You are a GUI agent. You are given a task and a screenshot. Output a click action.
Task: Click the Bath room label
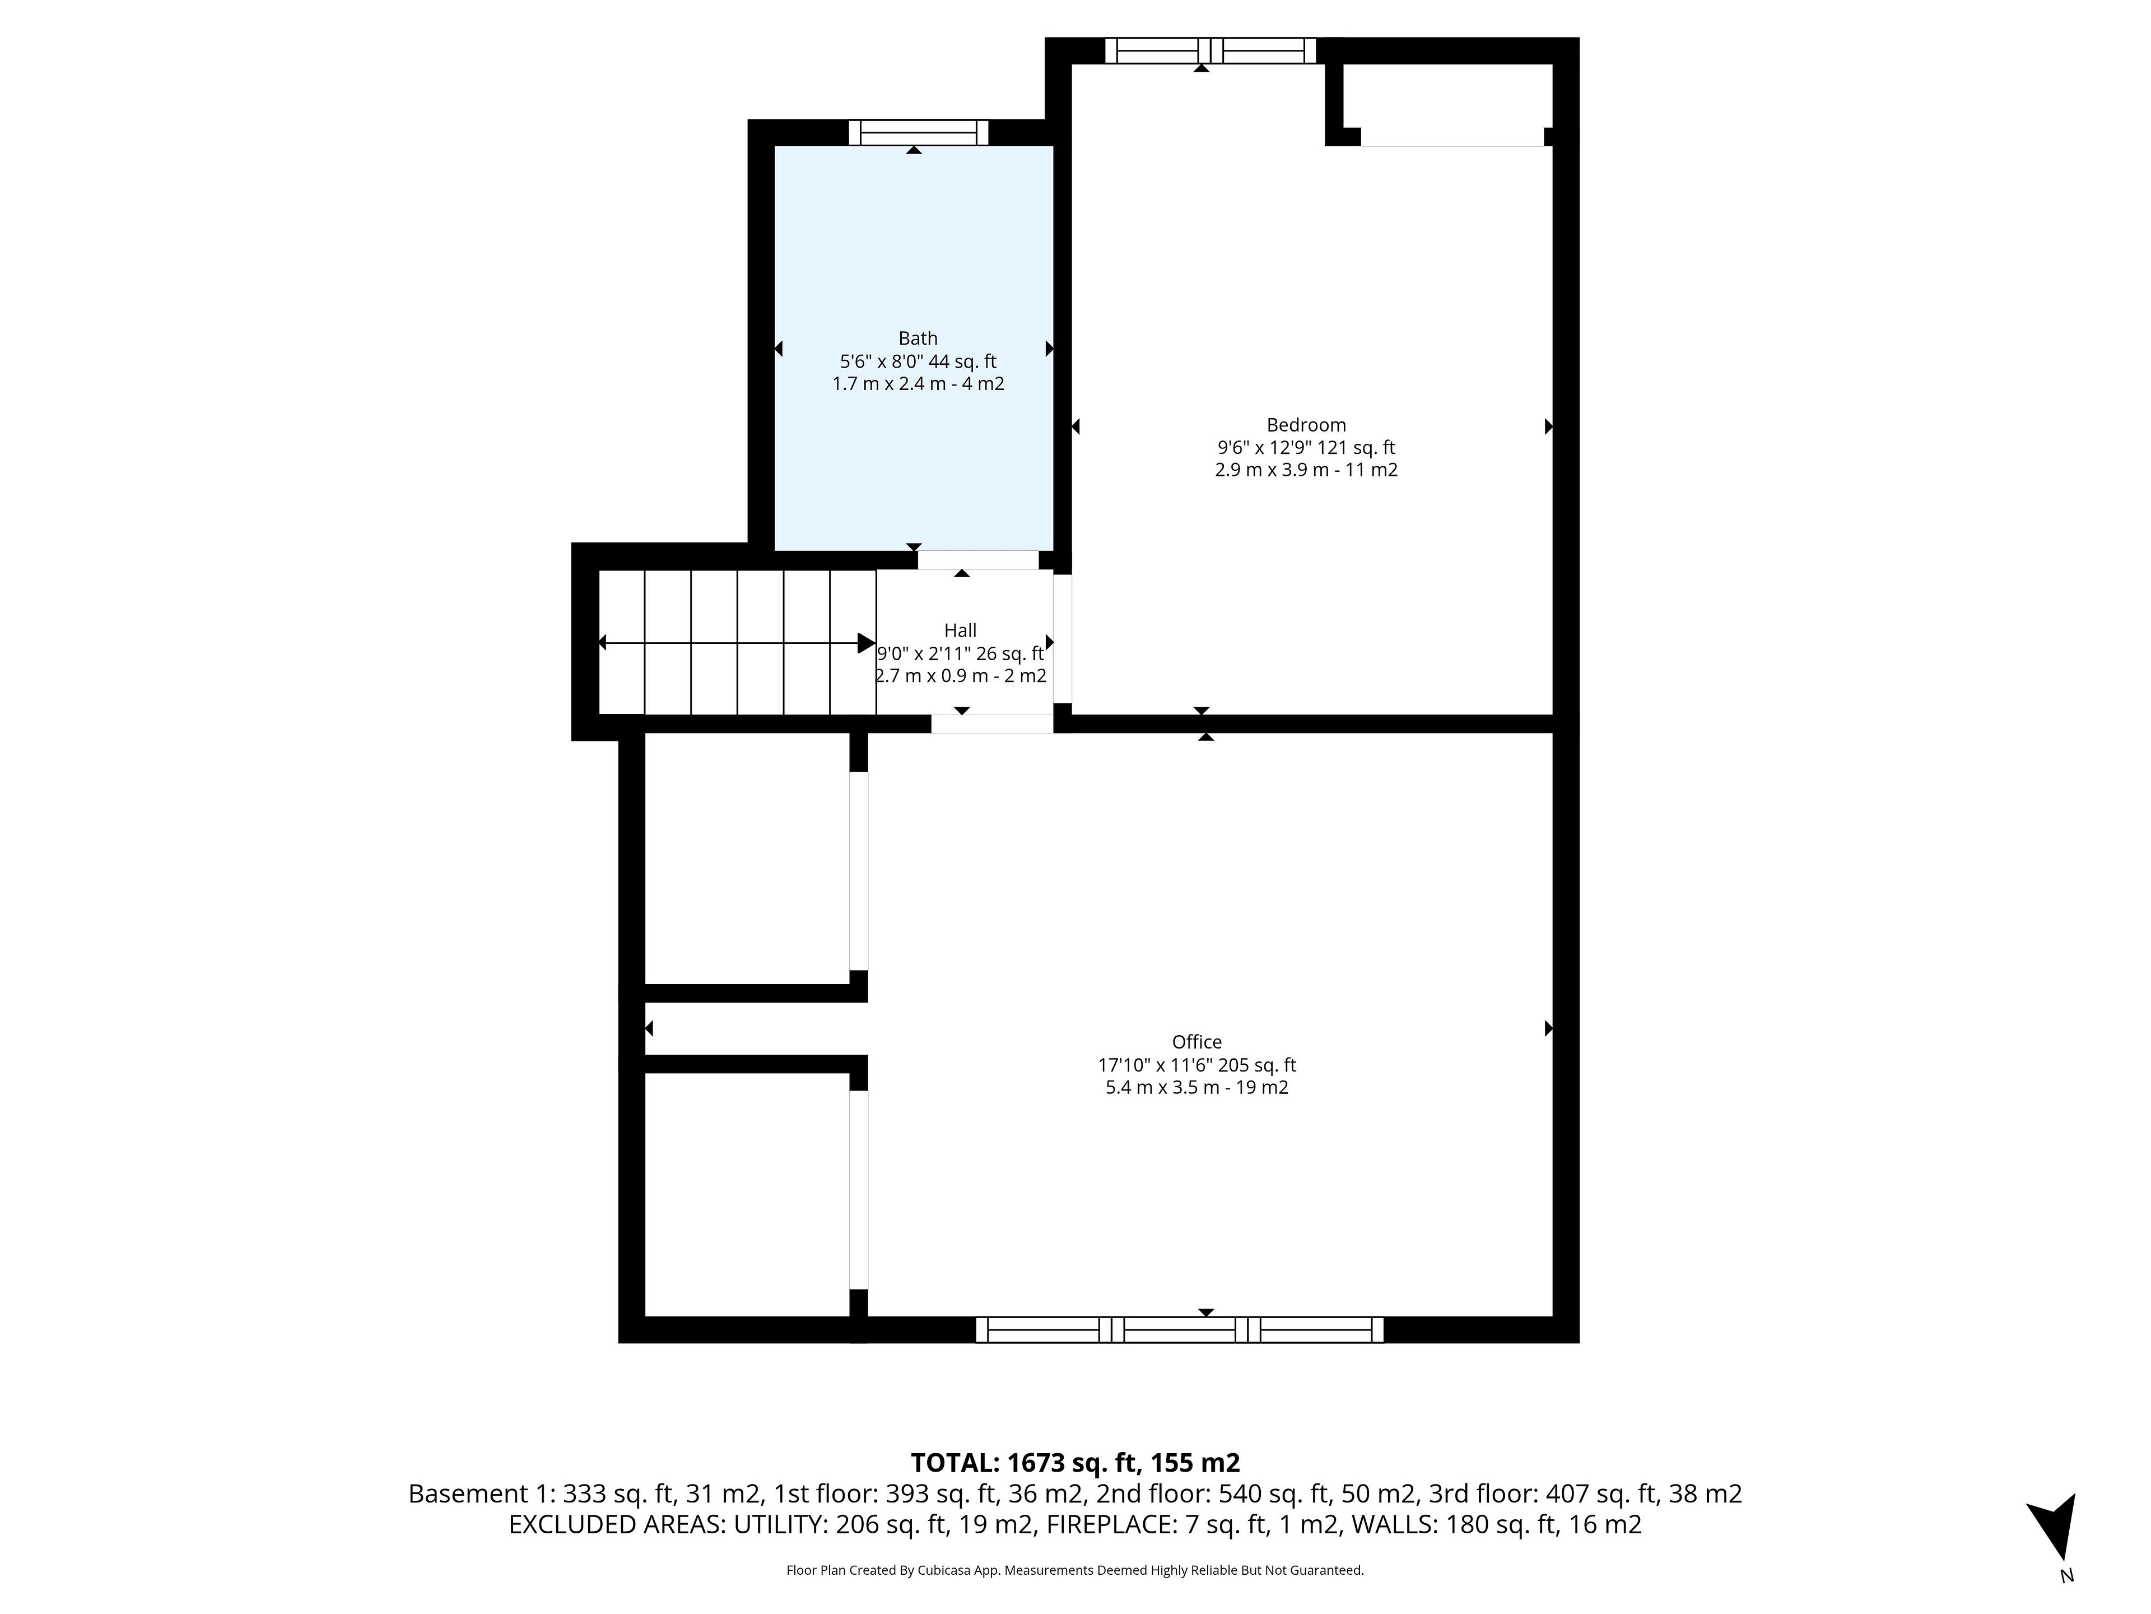(x=918, y=338)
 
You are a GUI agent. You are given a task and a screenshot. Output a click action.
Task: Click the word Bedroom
(x=1306, y=425)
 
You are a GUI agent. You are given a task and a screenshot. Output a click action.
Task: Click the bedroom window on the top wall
(x=1210, y=50)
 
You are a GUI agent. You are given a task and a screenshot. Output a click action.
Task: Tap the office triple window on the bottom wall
(x=1180, y=1330)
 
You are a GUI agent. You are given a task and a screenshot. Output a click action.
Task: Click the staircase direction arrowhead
(x=865, y=643)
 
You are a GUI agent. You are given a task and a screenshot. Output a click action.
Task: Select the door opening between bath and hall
(x=978, y=560)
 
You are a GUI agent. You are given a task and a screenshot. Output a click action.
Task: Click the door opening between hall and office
(x=992, y=724)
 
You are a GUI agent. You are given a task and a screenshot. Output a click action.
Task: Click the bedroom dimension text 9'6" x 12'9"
(x=1266, y=448)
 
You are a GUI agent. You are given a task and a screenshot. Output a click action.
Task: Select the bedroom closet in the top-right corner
(x=1447, y=105)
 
